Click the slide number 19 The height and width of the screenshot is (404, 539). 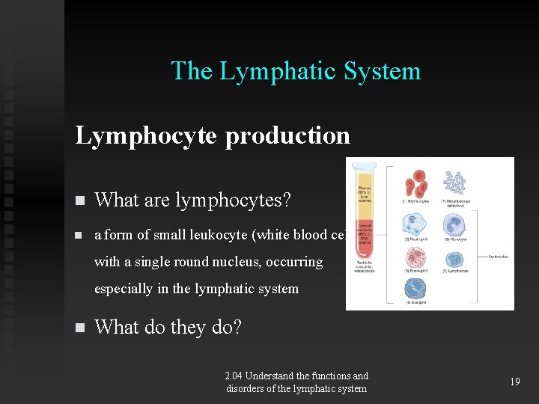[x=514, y=382]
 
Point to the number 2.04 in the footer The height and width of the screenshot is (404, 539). [x=234, y=376]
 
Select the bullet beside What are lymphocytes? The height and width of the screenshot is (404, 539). [x=80, y=201]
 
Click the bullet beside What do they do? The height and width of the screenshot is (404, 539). [x=80, y=328]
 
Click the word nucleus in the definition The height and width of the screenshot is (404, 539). [x=246, y=263]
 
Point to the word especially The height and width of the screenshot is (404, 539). [x=124, y=289]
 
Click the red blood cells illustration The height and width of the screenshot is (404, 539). [x=415, y=184]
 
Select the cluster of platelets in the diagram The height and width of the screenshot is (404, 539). [x=454, y=183]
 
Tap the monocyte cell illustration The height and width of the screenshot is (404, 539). [x=454, y=224]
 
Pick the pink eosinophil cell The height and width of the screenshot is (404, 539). [x=415, y=259]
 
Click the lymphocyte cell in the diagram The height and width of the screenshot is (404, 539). [x=454, y=259]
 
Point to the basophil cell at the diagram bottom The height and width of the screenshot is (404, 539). [x=415, y=289]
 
